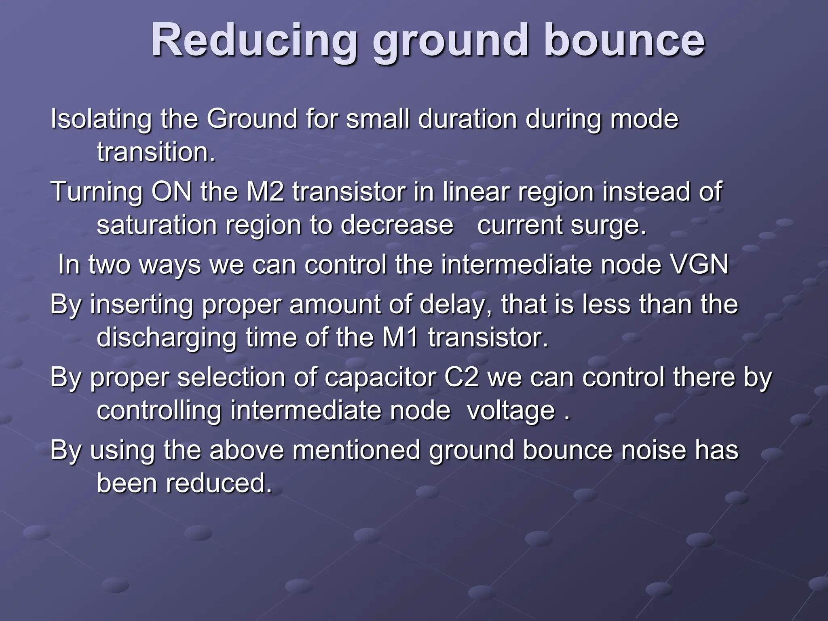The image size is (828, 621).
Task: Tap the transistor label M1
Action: [x=400, y=338]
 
